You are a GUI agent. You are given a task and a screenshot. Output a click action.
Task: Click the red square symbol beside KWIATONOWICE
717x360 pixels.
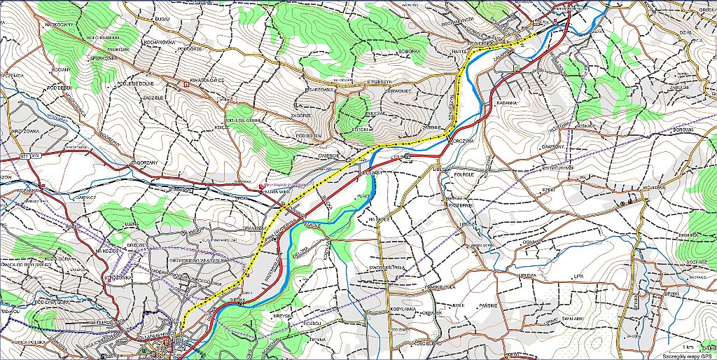[186, 85]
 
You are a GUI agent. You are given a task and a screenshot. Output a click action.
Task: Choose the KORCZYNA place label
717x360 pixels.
[463, 141]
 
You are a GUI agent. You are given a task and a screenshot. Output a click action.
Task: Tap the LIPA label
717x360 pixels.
[578, 277]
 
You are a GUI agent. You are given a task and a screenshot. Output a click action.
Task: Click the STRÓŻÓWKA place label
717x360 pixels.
[118, 277]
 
